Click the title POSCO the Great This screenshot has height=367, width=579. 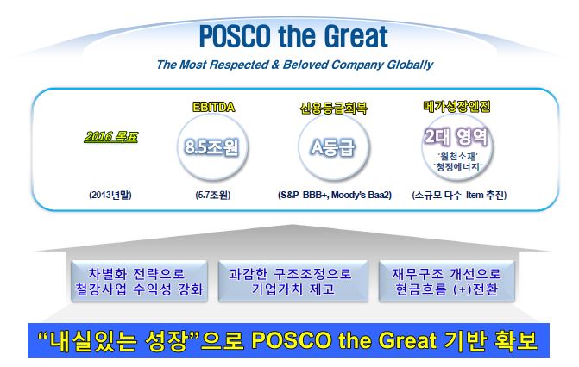tap(293, 36)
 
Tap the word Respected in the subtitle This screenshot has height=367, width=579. tap(238, 65)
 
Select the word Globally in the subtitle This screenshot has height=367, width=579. tap(410, 65)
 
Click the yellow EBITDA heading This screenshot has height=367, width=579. tap(213, 107)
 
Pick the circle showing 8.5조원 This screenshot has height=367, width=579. tap(212, 147)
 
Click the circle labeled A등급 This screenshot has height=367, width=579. tap(333, 147)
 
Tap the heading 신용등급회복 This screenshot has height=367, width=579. tap(333, 108)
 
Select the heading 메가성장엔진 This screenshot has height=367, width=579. tap(456, 107)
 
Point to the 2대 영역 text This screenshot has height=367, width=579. tap(456, 137)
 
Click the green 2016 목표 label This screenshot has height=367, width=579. tap(110, 137)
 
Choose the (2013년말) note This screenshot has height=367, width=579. tap(110, 195)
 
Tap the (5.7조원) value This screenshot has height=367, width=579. tap(212, 195)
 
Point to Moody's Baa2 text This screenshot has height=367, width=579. tap(362, 195)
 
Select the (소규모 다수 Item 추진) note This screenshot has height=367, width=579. tap(459, 195)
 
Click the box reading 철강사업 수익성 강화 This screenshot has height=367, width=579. tap(139, 282)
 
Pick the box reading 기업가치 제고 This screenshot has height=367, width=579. tap(293, 282)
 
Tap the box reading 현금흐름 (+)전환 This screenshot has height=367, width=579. tap(446, 282)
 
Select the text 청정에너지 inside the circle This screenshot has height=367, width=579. tap(458, 167)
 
